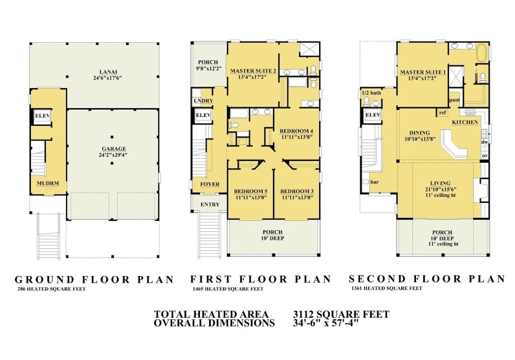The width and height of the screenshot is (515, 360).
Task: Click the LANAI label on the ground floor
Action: click(x=108, y=72)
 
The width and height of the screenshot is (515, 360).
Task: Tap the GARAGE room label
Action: click(x=113, y=149)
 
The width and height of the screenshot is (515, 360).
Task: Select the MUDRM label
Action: click(x=48, y=183)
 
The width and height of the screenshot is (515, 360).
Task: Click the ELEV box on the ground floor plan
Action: click(x=43, y=116)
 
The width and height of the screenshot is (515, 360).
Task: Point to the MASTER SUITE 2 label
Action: click(x=253, y=71)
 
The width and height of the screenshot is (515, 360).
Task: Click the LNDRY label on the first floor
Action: click(x=203, y=101)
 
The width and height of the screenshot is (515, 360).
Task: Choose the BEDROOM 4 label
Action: click(x=296, y=131)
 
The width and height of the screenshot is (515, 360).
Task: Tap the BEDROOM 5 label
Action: click(x=251, y=191)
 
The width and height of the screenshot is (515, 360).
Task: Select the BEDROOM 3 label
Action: click(x=297, y=191)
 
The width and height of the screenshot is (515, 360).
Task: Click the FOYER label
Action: click(x=210, y=184)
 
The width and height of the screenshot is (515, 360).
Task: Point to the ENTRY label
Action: click(x=210, y=204)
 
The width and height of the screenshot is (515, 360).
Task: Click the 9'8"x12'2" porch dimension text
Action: click(x=209, y=68)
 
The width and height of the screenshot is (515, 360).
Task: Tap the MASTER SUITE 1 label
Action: click(x=423, y=72)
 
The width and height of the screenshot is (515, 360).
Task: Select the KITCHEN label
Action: click(x=465, y=122)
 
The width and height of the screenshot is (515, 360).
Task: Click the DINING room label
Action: click(x=420, y=133)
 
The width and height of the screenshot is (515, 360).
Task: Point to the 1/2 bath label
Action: click(x=372, y=93)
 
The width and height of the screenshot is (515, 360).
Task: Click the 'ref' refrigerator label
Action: click(x=442, y=113)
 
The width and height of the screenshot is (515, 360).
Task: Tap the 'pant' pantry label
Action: click(x=455, y=100)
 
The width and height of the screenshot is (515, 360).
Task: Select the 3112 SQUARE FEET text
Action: click(x=341, y=314)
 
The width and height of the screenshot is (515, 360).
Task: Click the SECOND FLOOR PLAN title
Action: click(x=427, y=279)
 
